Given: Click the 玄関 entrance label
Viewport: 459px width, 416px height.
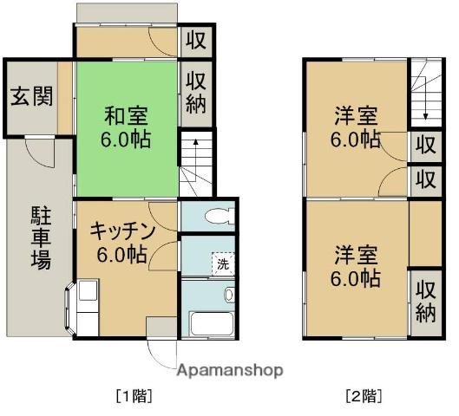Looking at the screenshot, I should (30, 95).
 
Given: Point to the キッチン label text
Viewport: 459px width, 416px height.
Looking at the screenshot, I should (122, 231).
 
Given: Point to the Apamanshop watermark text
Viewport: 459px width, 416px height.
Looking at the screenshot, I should (229, 370).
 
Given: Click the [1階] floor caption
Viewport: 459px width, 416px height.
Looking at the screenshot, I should (134, 397).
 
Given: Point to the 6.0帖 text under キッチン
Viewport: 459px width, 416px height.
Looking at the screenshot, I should (122, 254).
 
